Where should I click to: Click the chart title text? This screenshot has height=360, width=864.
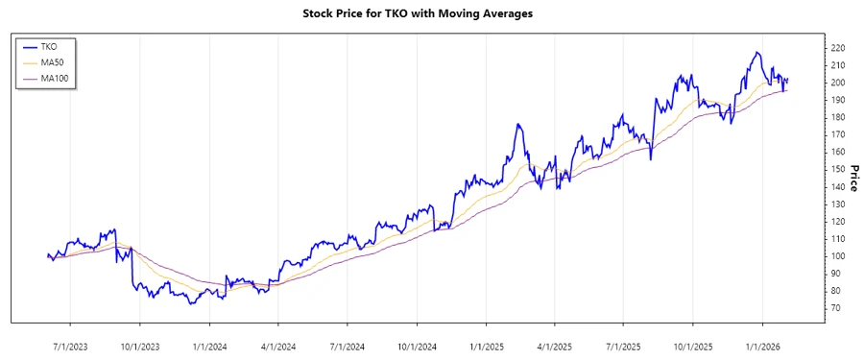tap(431, 13)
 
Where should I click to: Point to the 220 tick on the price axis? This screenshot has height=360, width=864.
tap(837, 48)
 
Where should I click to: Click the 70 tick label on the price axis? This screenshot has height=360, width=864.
tap(834, 308)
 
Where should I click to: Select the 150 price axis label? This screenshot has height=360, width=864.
tap(837, 169)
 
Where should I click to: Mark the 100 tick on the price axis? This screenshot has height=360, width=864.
tap(837, 256)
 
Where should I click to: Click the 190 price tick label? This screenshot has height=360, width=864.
tap(837, 100)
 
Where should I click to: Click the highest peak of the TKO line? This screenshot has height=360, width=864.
tap(757, 53)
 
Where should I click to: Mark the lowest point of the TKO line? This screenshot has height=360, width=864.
tap(192, 303)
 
